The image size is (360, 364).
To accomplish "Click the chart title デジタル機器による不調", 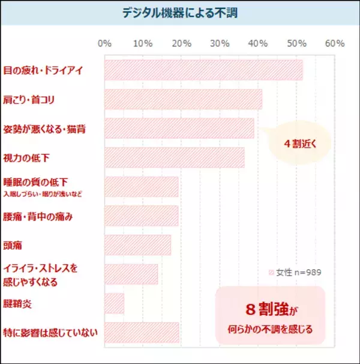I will (x=179, y=13).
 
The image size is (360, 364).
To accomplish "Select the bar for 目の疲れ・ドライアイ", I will (x=203, y=70).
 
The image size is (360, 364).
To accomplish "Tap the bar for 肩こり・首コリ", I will (x=183, y=99).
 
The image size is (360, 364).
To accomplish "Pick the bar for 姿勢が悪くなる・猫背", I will (x=179, y=128).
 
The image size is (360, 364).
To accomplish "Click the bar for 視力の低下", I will (x=174, y=157).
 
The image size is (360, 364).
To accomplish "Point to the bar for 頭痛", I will (x=137, y=245).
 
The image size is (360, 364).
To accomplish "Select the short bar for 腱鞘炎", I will (x=114, y=303).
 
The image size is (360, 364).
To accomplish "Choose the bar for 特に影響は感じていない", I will (x=142, y=332).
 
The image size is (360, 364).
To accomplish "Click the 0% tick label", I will (x=104, y=44).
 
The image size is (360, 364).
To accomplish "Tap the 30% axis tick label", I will (x=220, y=44).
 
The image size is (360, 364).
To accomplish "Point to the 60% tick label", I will (x=334, y=44).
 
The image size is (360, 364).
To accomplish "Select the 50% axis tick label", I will (x=296, y=44).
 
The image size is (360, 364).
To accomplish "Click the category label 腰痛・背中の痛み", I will (x=38, y=216).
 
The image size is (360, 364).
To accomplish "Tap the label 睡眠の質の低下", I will (x=35, y=182).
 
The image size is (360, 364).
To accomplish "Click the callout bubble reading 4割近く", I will (x=299, y=144).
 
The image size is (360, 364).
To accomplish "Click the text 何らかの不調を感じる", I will (x=271, y=329).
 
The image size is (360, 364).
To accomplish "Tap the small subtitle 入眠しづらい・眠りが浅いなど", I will (x=42, y=194).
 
